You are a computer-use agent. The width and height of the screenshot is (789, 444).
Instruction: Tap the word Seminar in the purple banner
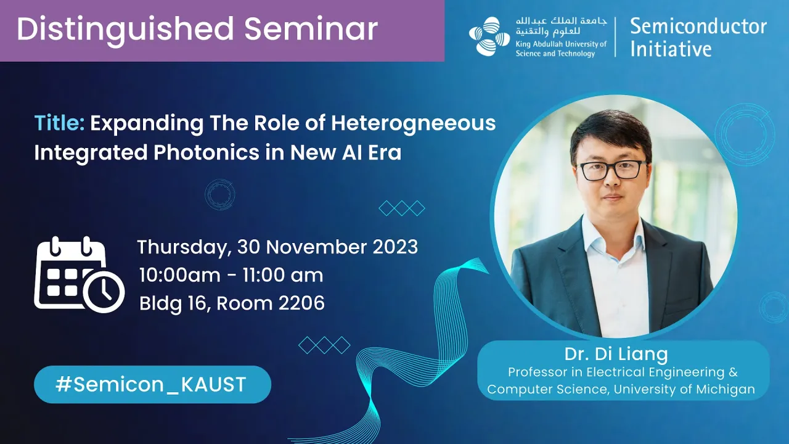pos(311,28)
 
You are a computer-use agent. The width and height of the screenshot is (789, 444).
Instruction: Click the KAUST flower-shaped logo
pos(489,36)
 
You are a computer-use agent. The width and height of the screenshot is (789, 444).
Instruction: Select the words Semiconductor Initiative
pos(698,38)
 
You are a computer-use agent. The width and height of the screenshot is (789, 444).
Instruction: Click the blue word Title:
pos(59,123)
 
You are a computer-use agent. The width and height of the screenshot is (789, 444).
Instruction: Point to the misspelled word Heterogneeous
pos(413,124)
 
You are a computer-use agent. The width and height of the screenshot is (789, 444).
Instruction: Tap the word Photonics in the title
pos(206,153)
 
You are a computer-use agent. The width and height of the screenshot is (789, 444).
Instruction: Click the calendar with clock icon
pos(80,274)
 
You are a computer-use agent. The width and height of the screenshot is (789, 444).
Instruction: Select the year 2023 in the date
pos(395,247)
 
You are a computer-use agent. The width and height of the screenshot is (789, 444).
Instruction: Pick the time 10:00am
pos(180,275)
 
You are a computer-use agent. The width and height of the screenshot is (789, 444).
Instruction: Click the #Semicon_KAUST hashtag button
pos(152,384)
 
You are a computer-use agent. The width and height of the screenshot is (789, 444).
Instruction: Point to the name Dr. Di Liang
pos(616,354)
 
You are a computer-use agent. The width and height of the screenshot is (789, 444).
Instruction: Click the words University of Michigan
pos(684,389)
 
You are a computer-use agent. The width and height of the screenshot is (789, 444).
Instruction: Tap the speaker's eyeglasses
pos(612,170)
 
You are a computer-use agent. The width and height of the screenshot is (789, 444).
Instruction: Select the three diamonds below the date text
pos(324,345)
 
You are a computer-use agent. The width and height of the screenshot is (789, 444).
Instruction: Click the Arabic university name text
pos(562,26)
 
